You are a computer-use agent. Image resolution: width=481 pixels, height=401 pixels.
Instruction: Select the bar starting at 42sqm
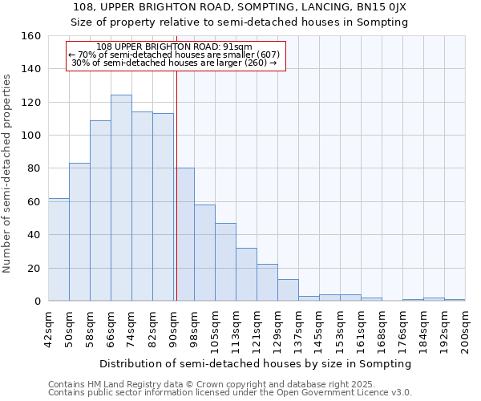[x=59, y=249]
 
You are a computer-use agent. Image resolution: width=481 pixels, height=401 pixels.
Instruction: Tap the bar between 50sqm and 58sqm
[x=79, y=232]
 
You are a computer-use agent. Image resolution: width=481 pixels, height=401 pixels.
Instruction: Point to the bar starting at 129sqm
[x=288, y=290]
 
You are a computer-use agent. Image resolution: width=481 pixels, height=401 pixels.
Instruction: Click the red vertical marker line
[x=176, y=184]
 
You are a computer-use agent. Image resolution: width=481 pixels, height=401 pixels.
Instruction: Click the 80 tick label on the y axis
[x=34, y=168]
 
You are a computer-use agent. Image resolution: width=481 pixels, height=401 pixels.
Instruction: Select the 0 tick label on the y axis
[x=38, y=302]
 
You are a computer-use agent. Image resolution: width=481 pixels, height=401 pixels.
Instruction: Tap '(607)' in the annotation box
[x=263, y=55]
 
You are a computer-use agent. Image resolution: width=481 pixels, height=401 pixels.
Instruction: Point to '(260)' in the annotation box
[x=256, y=63]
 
